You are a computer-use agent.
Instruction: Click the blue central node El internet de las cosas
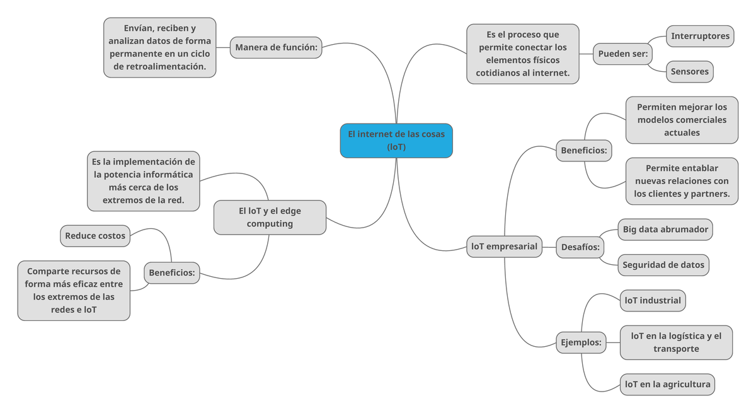point(396,140)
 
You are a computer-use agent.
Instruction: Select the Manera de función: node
point(277,47)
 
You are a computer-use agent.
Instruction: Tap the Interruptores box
point(700,36)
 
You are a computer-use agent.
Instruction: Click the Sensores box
point(689,71)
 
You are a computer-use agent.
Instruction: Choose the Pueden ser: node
point(622,54)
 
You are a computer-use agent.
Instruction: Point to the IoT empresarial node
point(504,246)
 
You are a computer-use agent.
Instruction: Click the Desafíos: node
point(580,247)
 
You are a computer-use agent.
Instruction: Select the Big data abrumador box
point(665,230)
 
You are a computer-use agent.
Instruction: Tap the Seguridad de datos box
point(663,265)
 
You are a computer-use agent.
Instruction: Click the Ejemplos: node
point(581,343)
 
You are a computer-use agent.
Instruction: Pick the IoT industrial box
point(653,300)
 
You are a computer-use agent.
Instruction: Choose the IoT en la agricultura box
point(667,384)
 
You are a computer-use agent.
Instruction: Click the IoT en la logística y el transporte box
point(676,342)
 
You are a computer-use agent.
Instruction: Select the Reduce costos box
point(95,236)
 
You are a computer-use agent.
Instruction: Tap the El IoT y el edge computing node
point(270,217)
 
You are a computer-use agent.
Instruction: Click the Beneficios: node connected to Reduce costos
point(172,273)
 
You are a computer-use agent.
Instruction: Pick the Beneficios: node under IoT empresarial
point(584,151)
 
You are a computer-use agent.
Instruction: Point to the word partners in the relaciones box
point(709,194)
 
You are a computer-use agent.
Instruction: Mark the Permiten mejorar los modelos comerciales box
point(682,120)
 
